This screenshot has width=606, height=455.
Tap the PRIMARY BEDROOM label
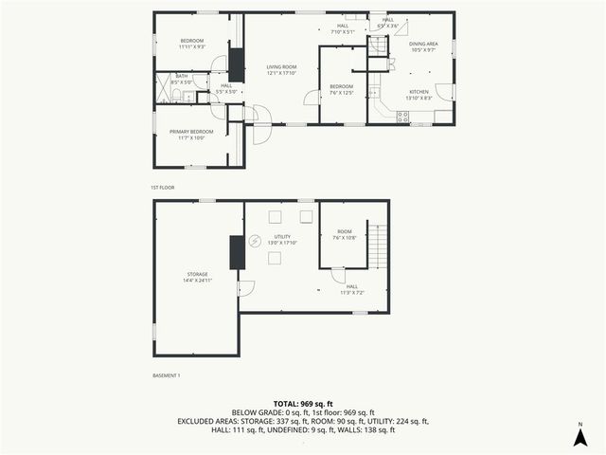coord(191,131)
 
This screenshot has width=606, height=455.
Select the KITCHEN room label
coord(419,91)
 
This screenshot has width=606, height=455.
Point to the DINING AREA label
coord(423,44)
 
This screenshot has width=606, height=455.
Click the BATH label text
coord(180,76)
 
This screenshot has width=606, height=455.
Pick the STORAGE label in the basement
coord(196,274)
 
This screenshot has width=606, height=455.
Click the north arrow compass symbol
coord(579,435)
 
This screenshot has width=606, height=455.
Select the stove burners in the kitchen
coord(402,117)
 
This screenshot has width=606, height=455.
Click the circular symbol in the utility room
coord(255,242)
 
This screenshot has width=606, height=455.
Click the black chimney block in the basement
coord(235,251)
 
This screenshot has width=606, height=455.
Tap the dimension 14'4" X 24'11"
coord(196,281)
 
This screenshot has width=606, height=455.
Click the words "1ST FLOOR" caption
coord(162,188)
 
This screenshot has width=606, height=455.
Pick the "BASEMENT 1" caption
coord(167,376)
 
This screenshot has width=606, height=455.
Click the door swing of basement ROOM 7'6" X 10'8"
coord(337,275)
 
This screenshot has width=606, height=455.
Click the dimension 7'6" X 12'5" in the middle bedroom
coord(341,93)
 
